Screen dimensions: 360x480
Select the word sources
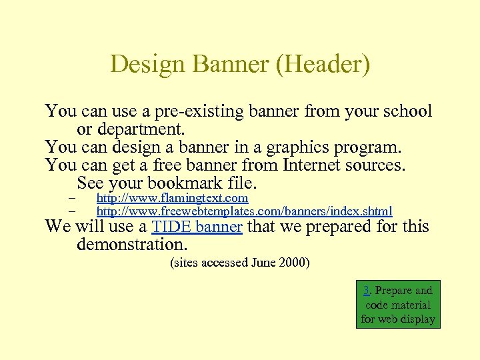click(381, 164)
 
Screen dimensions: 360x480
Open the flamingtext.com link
click(172, 198)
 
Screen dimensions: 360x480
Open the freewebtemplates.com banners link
click(244, 211)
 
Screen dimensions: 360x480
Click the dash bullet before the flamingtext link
click(72, 199)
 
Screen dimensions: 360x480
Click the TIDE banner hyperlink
click(197, 227)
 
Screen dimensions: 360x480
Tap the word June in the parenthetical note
click(265, 263)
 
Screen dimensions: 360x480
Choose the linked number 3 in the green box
click(367, 290)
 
